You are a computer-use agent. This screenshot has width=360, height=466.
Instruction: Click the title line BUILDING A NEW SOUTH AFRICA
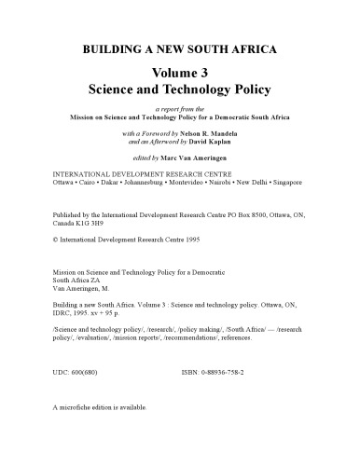[179, 46]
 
